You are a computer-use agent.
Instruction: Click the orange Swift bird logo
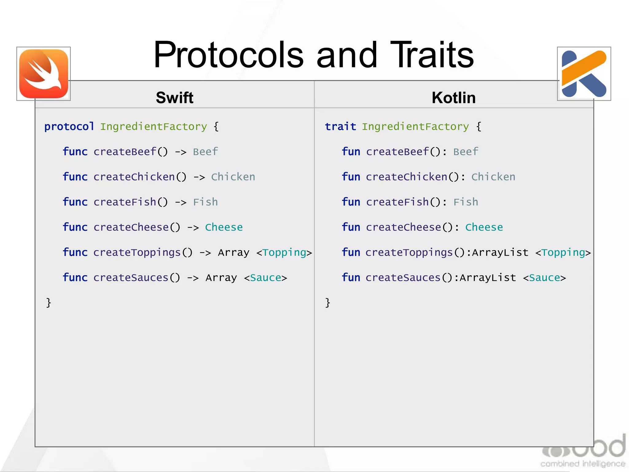coord(44,74)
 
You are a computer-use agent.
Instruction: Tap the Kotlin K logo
coord(584,74)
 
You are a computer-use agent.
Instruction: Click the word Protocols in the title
coord(229,55)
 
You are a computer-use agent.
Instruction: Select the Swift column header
coord(174,98)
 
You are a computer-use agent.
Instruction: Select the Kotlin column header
coord(454,98)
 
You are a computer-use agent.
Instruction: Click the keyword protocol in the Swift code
coord(69,127)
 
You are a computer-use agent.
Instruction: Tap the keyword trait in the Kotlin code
coord(340,127)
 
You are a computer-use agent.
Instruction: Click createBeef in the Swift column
coord(125,152)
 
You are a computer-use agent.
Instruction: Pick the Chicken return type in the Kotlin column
coord(493,177)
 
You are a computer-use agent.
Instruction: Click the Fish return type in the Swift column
coord(205,202)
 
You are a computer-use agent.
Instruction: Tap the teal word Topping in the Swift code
coord(284,253)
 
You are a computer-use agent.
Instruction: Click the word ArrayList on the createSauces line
coord(488,278)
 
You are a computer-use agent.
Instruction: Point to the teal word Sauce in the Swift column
coord(266,278)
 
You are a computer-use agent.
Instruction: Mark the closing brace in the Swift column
coord(49,303)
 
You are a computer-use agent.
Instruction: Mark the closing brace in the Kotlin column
coord(328,303)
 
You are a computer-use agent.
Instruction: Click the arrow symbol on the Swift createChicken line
coord(199,177)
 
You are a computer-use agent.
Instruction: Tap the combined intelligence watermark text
coord(583,464)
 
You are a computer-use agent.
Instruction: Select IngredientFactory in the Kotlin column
coord(415,127)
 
